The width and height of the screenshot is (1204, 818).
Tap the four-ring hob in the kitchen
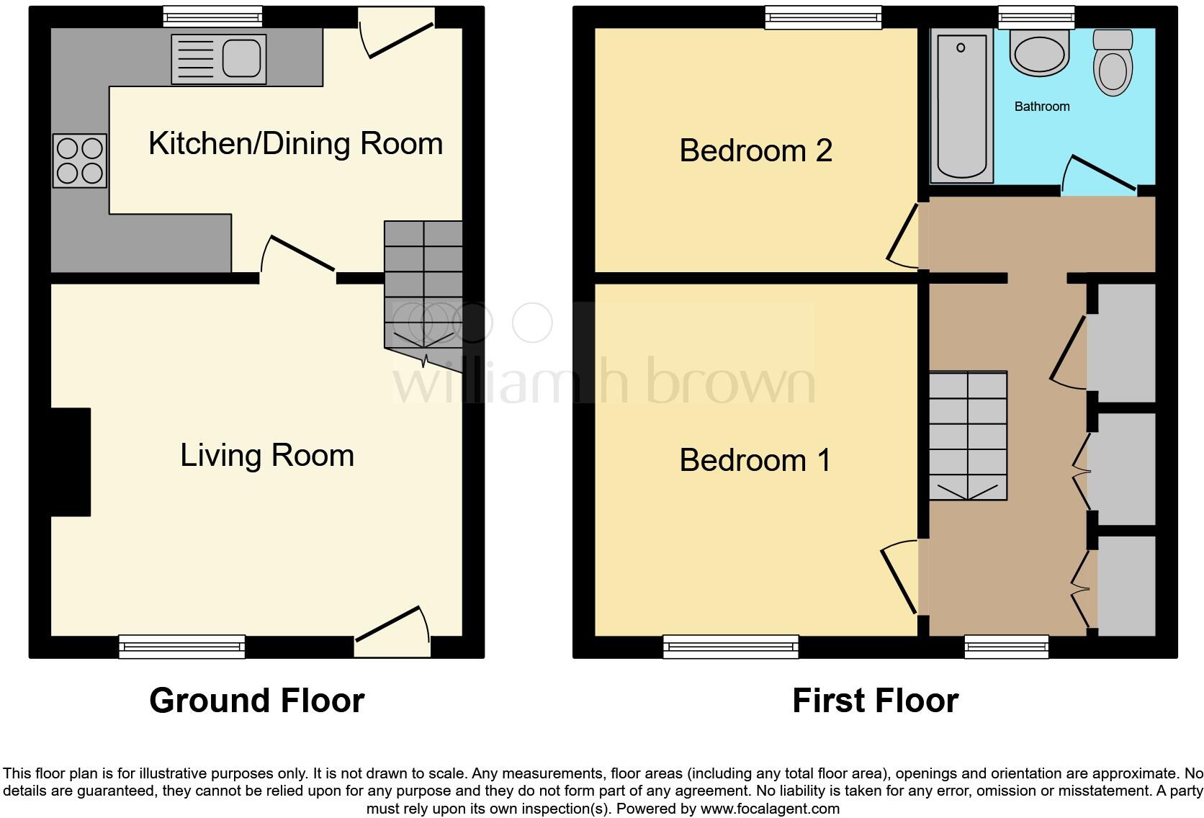point(79,161)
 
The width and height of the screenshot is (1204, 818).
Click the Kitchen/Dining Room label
point(295,143)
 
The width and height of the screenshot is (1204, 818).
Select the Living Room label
point(267,456)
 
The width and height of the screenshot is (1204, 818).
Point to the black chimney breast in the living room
point(70,462)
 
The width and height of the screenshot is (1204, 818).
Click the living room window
point(181,646)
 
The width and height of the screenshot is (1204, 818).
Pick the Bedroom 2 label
point(755,150)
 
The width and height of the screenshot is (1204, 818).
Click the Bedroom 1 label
point(755,460)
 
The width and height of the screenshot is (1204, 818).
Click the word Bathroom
point(1041,107)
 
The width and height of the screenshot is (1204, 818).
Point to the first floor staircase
point(968,436)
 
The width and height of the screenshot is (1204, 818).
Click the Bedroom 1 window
point(730,646)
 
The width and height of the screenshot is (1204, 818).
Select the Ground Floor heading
point(256,701)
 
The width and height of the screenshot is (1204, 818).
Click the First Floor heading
point(875,701)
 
